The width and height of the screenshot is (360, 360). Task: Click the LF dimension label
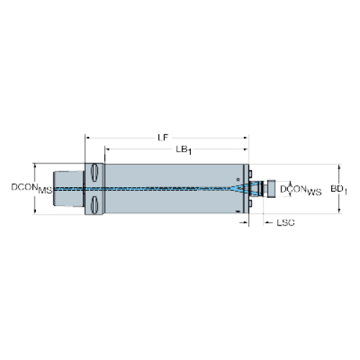163,138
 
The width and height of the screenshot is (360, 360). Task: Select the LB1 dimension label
184,150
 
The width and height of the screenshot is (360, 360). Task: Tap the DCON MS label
32,189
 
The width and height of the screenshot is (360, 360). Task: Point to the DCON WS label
301,190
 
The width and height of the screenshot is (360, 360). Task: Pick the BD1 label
338,189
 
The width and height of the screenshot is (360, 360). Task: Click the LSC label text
286,223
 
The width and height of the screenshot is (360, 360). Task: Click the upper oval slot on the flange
94,172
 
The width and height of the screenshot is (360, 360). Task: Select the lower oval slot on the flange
94,205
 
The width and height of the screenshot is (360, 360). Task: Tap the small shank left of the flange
68,189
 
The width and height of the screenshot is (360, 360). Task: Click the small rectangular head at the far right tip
271,189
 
